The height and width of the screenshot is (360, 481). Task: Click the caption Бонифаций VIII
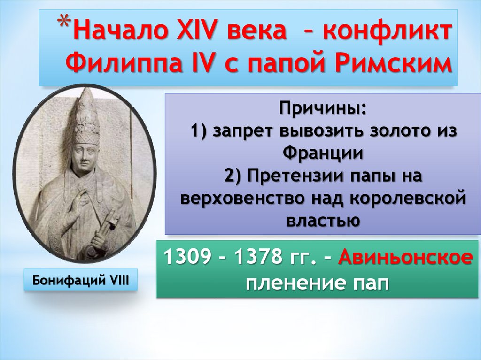click(80, 280)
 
